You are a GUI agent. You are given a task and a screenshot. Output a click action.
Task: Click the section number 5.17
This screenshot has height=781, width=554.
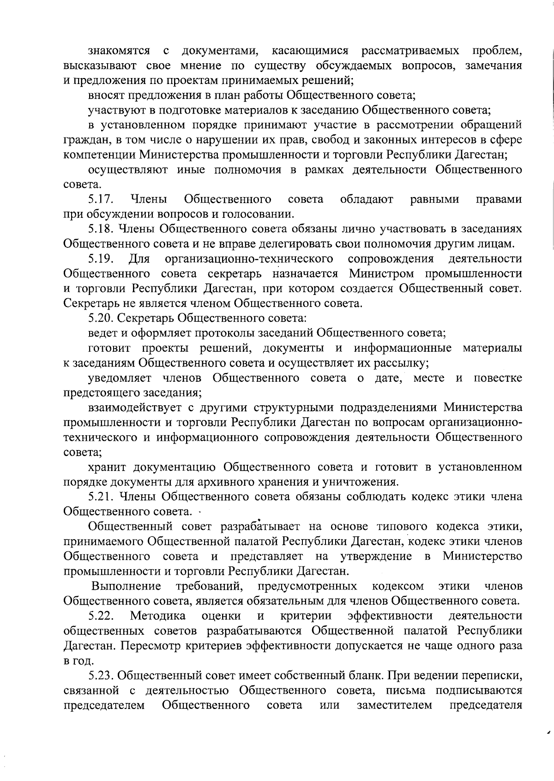101,199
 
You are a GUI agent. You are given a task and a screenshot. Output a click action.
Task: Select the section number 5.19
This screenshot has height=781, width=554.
101,258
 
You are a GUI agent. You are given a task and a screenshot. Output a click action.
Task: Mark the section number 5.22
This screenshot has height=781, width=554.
101,616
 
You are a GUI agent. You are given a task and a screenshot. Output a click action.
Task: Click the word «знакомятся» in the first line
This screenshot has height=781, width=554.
119,50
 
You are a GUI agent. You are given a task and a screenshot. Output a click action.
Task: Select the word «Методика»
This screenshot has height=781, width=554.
158,616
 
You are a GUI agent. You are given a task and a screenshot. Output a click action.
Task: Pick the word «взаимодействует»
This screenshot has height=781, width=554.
134,408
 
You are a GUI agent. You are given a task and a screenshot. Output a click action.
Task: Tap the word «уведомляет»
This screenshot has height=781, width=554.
120,378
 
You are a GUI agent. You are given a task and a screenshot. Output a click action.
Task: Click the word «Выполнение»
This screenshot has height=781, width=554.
126,586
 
